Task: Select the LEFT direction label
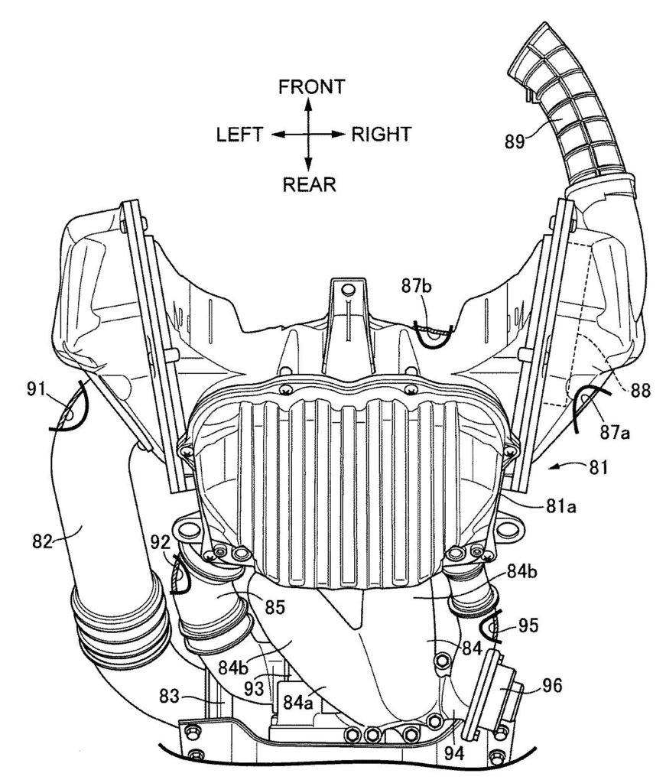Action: tap(240, 135)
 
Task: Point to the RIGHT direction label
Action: tap(381, 135)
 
